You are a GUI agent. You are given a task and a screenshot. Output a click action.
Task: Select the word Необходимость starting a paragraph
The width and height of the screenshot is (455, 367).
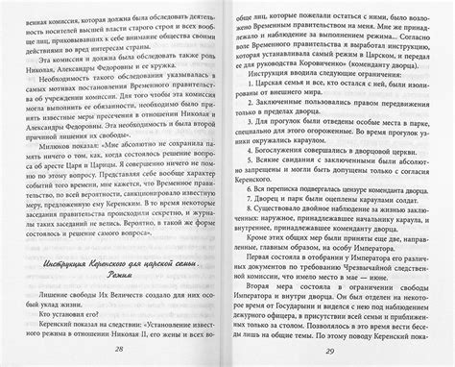pos(69,87)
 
